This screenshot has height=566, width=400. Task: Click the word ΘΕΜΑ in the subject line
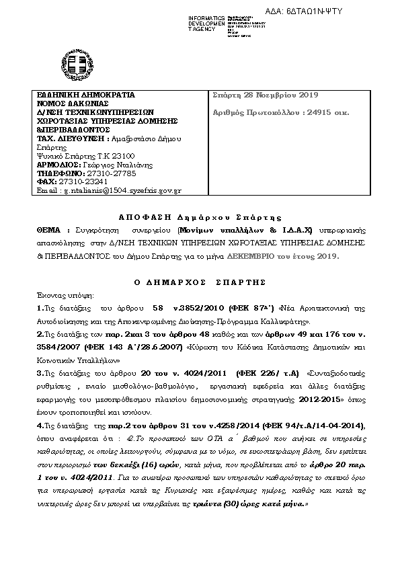pyautogui.click(x=48, y=230)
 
